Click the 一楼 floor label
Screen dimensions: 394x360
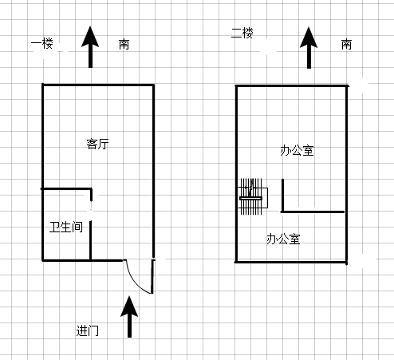(x=42, y=43)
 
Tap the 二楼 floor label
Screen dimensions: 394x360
(x=242, y=34)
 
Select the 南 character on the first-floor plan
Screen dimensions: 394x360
(x=124, y=44)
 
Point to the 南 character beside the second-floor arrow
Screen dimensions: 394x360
(x=346, y=44)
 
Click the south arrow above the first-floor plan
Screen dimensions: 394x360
(x=90, y=47)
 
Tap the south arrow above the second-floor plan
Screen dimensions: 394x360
(x=309, y=48)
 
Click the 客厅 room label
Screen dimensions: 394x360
(x=97, y=144)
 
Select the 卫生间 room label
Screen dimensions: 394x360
(x=66, y=227)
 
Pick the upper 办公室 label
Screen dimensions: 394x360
(x=297, y=151)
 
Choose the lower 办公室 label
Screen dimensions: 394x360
(x=283, y=239)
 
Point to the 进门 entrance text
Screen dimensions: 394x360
(x=87, y=330)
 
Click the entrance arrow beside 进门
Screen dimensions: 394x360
(x=129, y=317)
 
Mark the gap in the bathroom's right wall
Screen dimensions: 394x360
(x=91, y=211)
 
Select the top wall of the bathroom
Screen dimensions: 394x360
(x=66, y=188)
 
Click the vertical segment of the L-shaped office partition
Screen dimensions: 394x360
(x=282, y=196)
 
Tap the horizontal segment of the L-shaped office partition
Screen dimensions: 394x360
(x=313, y=212)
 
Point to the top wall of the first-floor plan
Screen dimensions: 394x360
(x=98, y=85)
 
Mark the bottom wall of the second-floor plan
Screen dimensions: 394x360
(x=291, y=263)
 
